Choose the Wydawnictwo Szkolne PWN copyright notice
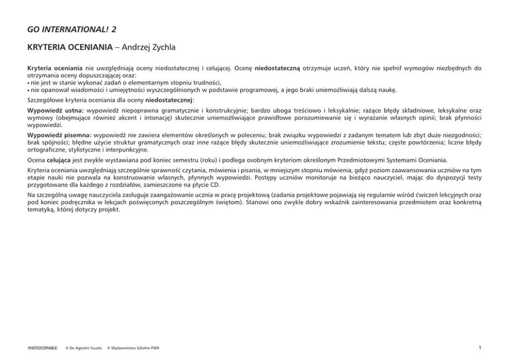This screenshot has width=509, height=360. click(x=133, y=348)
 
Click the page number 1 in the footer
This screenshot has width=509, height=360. click(x=480, y=348)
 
